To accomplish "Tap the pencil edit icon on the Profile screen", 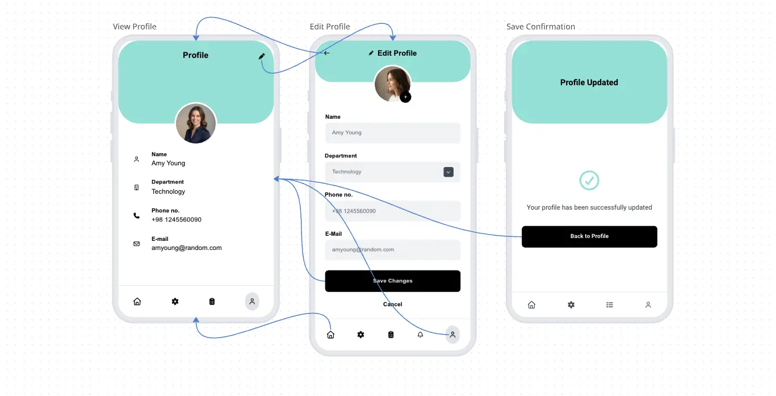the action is (x=262, y=56).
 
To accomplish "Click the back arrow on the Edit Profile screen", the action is (x=326, y=53).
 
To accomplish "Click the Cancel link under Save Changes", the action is (x=392, y=304).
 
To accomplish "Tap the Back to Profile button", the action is (x=589, y=236).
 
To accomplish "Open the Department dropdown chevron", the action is (x=448, y=172).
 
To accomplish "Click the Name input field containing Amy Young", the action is (x=392, y=132).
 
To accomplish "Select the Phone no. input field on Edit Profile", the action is (x=392, y=211).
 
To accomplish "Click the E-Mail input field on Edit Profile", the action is (x=392, y=249).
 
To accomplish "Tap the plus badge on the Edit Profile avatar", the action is (x=405, y=97).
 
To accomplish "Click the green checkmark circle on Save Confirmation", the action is (x=589, y=180).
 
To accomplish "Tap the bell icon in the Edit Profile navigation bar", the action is (x=420, y=335).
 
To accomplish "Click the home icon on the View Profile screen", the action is (x=137, y=301).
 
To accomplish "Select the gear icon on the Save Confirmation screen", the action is (x=571, y=305).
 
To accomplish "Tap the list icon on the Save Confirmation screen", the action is (x=609, y=305).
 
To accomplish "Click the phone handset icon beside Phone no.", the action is (x=136, y=216).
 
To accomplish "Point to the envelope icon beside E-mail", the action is (x=136, y=244).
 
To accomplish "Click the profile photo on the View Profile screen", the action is (x=196, y=123).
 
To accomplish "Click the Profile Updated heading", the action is (x=589, y=82).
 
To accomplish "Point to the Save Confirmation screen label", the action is (x=540, y=27).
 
